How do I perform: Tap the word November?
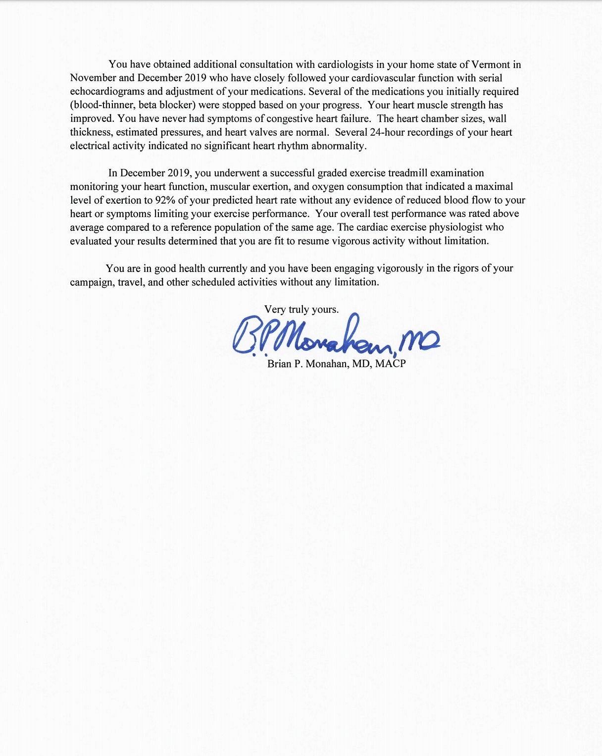click(93, 78)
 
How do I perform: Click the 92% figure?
click(166, 200)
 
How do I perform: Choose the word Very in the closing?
click(275, 310)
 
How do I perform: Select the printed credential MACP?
click(391, 364)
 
